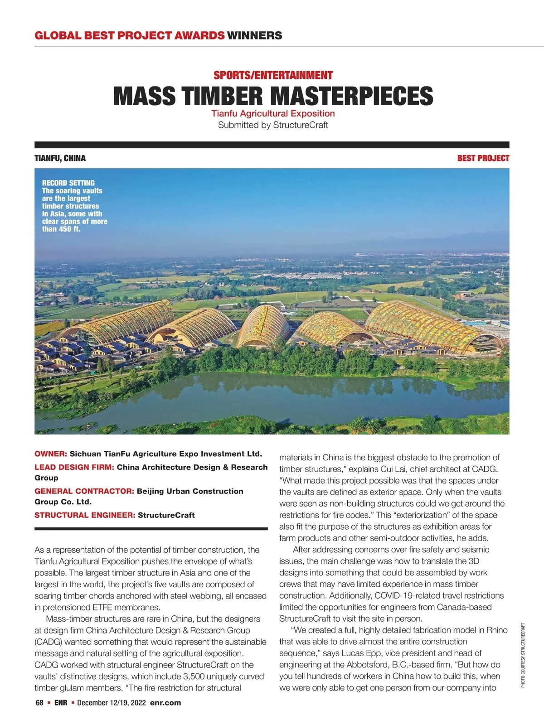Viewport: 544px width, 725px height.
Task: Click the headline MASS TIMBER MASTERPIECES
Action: coord(273,96)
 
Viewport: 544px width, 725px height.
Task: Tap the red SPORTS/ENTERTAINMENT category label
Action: coord(273,75)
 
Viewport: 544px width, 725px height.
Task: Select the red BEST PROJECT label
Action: coord(483,158)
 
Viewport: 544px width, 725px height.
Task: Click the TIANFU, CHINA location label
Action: coord(60,158)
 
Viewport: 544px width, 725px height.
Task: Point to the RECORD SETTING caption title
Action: coord(68,183)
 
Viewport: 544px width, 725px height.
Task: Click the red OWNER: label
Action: coord(51,454)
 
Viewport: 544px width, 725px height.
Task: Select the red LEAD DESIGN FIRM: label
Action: coord(74,467)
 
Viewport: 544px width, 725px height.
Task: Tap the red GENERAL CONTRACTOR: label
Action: coord(84,491)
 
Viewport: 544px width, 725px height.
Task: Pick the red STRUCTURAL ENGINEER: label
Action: coord(85,515)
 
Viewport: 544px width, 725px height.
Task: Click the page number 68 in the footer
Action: coord(39,703)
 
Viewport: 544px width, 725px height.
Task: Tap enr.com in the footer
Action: coord(165,703)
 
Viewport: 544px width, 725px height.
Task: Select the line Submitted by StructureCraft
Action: coord(273,125)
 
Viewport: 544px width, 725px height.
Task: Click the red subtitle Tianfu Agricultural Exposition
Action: coord(273,114)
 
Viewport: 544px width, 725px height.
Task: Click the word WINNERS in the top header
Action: coord(254,35)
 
